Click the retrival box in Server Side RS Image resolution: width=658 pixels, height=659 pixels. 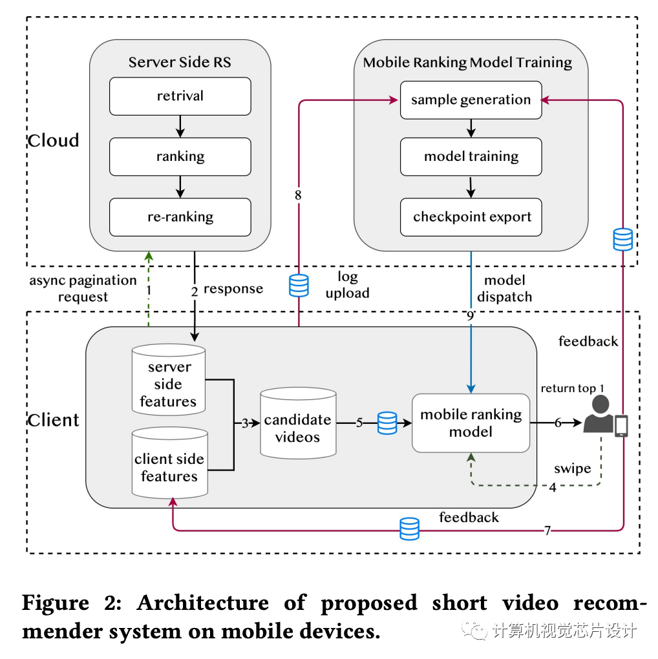180,96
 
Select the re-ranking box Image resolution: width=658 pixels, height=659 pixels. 180,216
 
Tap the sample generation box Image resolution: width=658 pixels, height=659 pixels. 471,100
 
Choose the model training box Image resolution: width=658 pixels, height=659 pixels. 471,156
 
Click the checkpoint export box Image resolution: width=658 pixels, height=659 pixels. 471,216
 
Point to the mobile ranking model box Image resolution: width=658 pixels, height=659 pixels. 471,423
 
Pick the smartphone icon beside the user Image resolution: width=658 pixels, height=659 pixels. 621,426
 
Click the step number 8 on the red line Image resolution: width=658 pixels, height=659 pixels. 298,194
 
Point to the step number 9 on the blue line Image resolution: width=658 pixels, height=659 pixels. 471,316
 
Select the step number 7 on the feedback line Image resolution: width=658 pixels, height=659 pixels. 547,530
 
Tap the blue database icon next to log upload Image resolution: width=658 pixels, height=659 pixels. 299,284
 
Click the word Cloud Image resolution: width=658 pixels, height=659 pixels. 54,141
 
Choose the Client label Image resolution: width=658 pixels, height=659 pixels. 54,421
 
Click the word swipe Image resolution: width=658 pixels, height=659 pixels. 572,468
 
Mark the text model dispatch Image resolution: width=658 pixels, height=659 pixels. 508,289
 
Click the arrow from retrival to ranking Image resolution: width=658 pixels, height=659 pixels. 180,127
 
